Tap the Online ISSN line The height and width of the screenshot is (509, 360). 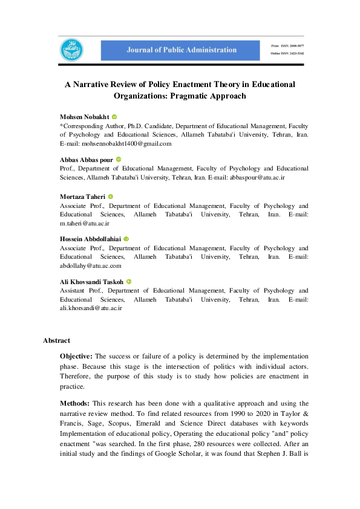pos(287,54)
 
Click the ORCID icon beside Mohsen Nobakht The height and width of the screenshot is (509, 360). pos(114,116)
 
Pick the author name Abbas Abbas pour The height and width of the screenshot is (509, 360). pos(86,160)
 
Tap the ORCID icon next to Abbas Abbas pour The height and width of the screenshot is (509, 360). pos(119,160)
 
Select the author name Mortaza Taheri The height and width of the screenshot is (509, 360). pos(82,196)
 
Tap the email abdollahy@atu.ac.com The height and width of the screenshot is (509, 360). pos(90,265)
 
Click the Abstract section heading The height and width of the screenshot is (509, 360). pos(56,340)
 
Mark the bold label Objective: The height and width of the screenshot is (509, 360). pos(76,357)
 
